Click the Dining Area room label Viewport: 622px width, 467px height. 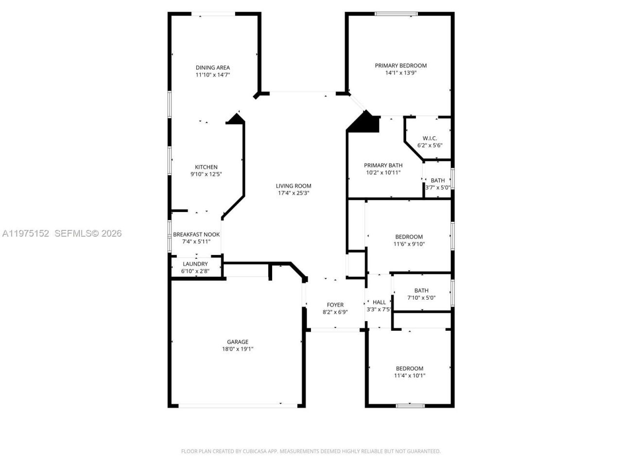click(212, 68)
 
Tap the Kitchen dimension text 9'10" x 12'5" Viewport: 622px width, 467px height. click(206, 174)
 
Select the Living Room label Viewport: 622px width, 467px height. click(294, 186)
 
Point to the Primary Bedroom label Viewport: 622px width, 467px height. click(400, 66)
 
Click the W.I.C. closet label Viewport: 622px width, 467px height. click(430, 139)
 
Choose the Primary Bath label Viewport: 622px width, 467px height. click(383, 165)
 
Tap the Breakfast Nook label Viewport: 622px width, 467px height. click(196, 234)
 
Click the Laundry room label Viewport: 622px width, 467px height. click(195, 264)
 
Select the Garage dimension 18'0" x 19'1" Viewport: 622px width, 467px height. click(238, 349)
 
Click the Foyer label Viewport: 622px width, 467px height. click(335, 305)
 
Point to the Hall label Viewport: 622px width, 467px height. click(379, 303)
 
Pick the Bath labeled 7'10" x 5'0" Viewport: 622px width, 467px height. click(421, 291)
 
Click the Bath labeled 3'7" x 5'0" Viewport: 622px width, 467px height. click(437, 180)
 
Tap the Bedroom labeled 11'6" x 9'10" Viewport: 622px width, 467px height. click(409, 237)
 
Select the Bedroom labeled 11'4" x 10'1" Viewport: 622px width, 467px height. click(409, 369)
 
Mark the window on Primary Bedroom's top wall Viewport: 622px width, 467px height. click(396, 14)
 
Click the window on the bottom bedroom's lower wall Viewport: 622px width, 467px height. click(410, 405)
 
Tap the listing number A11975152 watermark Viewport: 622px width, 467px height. click(26, 233)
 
